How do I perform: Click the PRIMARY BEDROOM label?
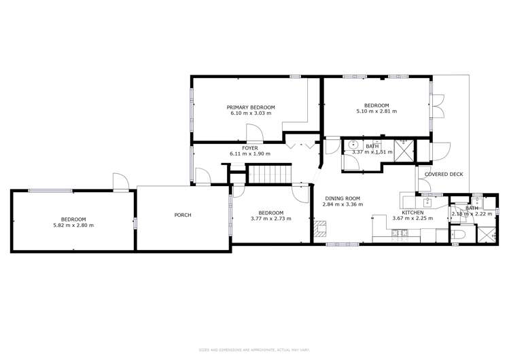[251, 107]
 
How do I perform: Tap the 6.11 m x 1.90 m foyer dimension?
[249, 155]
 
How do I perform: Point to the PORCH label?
[182, 215]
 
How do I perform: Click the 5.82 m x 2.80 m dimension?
[73, 225]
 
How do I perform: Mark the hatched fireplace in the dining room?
[320, 228]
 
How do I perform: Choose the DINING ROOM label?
[343, 198]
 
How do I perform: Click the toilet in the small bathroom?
[458, 234]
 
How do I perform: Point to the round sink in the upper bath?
[353, 145]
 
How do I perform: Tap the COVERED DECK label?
[444, 175]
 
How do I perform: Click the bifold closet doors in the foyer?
[299, 144]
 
